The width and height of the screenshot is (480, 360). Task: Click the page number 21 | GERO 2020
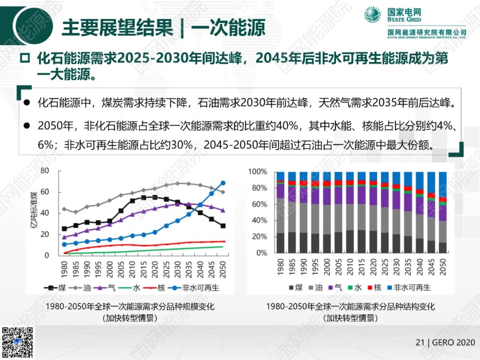(x=445, y=342)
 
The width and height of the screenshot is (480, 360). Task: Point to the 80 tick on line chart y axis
(x=44, y=171)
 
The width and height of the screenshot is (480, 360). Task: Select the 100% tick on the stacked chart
(x=257, y=172)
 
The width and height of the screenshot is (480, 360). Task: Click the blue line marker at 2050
(x=223, y=183)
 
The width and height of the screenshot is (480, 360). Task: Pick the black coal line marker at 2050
(x=223, y=226)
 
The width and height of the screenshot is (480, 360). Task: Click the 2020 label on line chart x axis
(x=155, y=268)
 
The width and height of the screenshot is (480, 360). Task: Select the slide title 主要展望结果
(x=117, y=28)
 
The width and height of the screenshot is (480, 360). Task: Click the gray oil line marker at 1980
(x=64, y=209)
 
